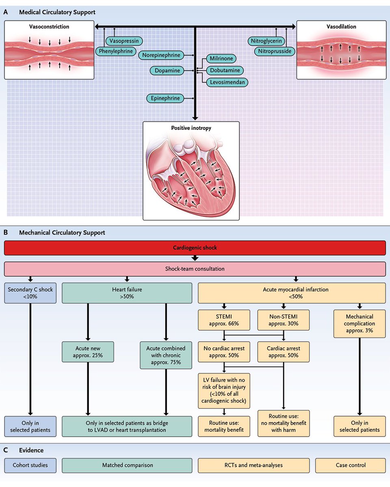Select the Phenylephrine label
pos(116,51)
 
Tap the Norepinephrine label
pos(161,55)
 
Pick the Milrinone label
pos(221,58)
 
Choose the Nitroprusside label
pos(274,51)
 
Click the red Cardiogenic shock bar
pos(195,248)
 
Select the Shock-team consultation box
pos(195,269)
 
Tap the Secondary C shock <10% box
pos(30,293)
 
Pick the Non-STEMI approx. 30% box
pos(283,320)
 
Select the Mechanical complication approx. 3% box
pos(359,323)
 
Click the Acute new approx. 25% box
pos(88,351)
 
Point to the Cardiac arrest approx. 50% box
pos(283,351)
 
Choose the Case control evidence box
pos(351,465)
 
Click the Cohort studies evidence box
pos(30,465)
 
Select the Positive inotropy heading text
pos(191,128)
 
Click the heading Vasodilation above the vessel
pos(341,26)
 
